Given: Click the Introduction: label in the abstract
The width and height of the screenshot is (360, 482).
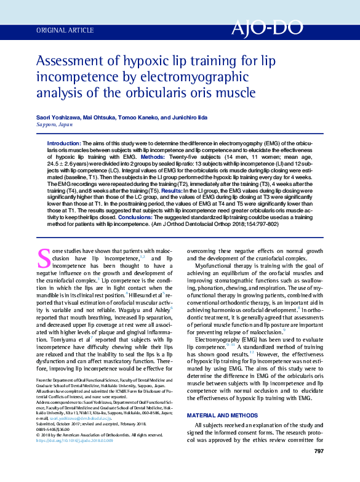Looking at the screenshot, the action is (64, 143).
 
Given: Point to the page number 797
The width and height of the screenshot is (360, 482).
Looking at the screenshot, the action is (318, 469).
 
